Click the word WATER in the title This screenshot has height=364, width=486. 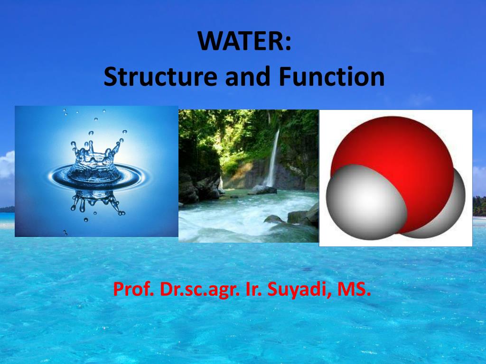point(240,41)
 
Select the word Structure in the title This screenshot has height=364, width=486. point(159,77)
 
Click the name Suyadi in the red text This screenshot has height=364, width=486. point(297,289)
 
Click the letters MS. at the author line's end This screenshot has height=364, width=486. point(354,289)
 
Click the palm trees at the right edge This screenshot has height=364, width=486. point(479,206)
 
